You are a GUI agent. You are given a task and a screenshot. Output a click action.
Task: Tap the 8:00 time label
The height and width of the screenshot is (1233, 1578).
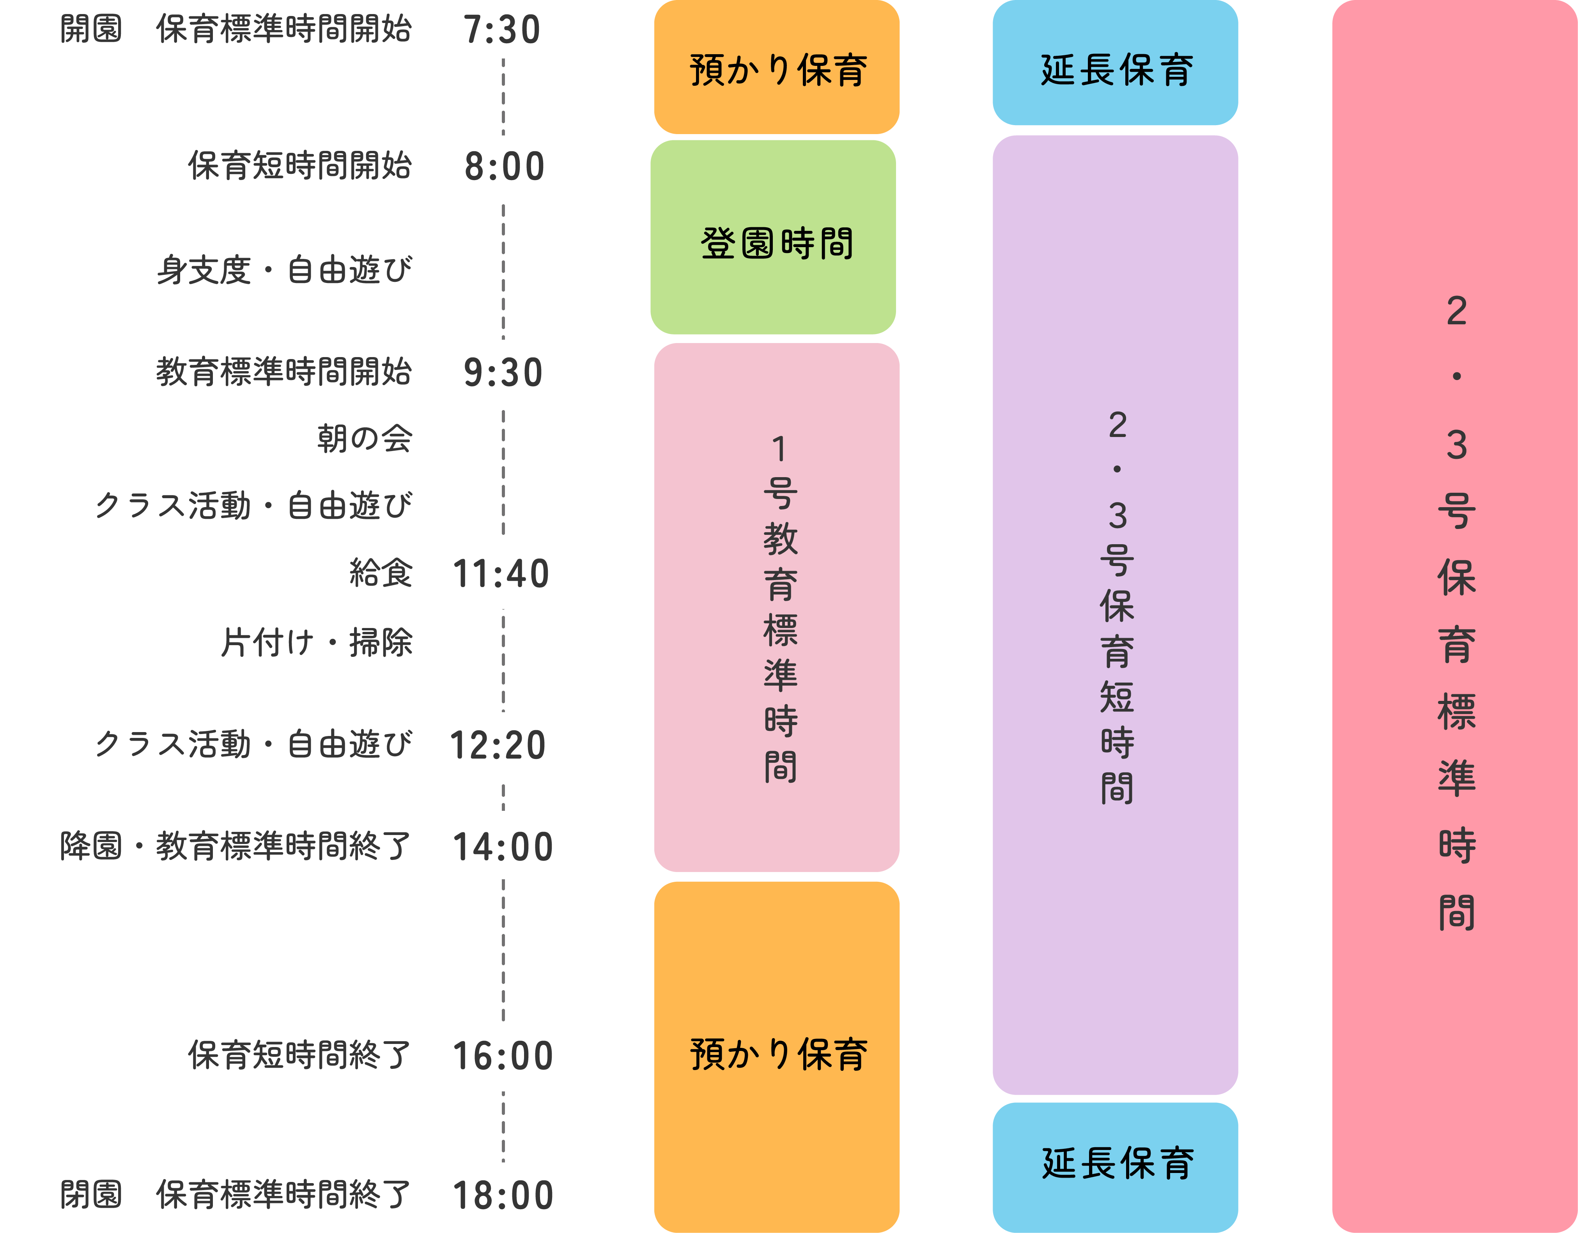click(504, 167)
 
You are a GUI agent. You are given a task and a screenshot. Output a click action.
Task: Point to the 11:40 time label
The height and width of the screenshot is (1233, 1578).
click(501, 574)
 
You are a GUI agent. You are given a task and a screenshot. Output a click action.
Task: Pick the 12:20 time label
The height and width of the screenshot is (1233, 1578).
click(498, 745)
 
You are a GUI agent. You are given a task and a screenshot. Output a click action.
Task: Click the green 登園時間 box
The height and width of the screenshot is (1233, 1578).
click(773, 237)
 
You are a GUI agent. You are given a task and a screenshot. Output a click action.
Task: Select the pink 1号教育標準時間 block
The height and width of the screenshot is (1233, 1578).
click(777, 607)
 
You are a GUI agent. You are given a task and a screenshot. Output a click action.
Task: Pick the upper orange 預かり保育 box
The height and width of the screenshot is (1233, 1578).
click(777, 67)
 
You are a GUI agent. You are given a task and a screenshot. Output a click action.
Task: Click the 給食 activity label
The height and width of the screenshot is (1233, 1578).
click(381, 573)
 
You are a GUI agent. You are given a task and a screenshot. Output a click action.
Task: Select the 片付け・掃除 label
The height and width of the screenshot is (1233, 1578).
click(317, 642)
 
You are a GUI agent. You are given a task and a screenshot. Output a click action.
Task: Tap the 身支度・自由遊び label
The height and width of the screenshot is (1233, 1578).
click(285, 270)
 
